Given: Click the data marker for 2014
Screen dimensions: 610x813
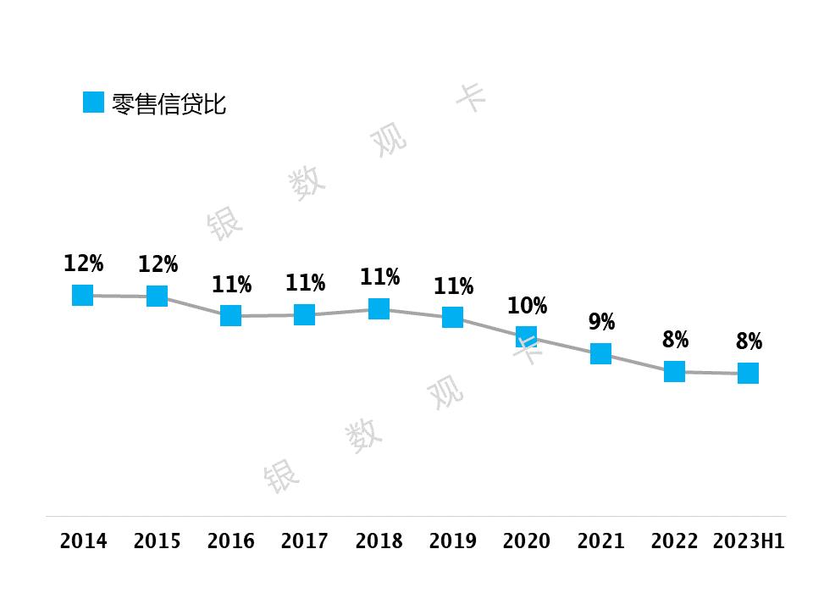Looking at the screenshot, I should (x=82, y=295).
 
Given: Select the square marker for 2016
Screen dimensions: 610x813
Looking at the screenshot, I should (x=230, y=316).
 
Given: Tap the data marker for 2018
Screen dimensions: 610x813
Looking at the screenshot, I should (x=379, y=308).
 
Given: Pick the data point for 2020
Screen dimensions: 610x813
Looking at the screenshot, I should (x=526, y=336).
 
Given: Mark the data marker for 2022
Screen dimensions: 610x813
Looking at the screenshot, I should (x=674, y=371).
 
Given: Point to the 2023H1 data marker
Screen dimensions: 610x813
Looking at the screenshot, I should (x=748, y=373).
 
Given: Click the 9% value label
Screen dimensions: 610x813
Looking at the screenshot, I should (x=601, y=322).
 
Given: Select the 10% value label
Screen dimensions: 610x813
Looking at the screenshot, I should (x=527, y=305).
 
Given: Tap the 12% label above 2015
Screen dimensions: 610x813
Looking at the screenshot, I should (x=158, y=264).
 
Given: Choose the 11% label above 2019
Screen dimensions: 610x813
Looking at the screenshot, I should (x=453, y=286).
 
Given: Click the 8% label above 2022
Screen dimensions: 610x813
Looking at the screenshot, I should (x=675, y=340).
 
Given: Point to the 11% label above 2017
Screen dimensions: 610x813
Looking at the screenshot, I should (x=305, y=283).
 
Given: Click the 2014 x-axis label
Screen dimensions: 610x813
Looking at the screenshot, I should (x=83, y=541).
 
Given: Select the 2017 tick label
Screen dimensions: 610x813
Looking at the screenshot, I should (x=305, y=541).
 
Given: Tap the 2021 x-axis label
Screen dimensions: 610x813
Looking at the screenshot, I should (x=600, y=541).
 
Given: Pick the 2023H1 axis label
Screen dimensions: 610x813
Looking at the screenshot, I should (x=749, y=541).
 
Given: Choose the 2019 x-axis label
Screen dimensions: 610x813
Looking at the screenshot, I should (x=452, y=541).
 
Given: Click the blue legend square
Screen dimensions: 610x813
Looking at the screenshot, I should (x=93, y=103).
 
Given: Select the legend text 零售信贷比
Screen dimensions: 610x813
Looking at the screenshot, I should (x=169, y=104).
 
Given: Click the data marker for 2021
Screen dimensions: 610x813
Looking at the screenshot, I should (x=600, y=353).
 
